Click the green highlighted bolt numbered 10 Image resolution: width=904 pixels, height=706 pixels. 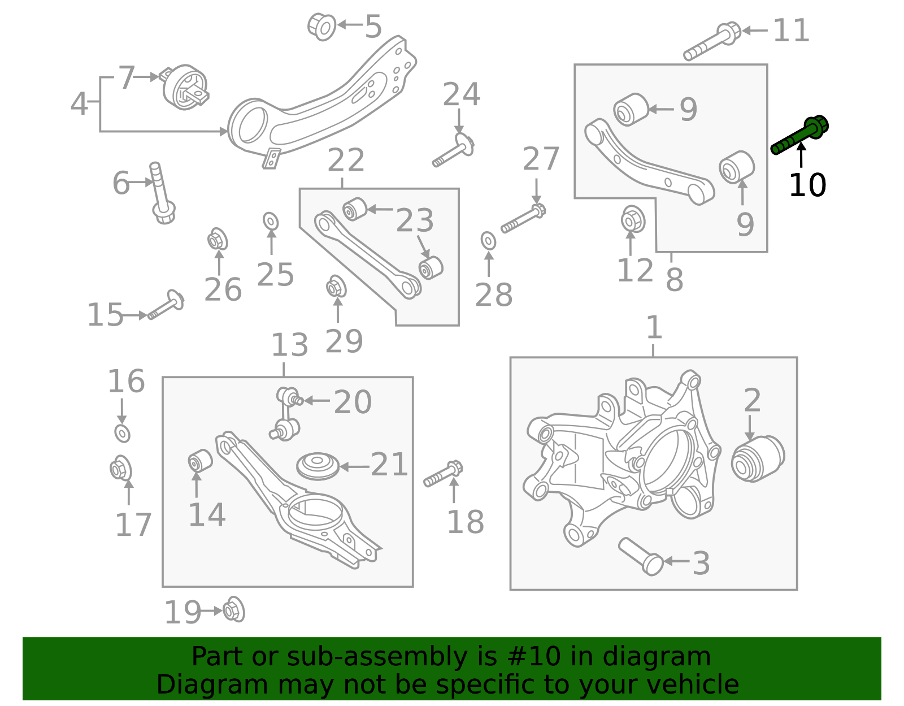799,135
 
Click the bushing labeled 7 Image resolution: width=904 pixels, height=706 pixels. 185,88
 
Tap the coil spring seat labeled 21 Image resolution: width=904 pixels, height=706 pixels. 318,466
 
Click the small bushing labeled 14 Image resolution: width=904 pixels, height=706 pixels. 199,460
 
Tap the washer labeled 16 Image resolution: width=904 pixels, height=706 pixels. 122,434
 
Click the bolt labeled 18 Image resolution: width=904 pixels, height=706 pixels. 444,474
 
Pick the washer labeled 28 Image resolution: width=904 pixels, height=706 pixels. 489,240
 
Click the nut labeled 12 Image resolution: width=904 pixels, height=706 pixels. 633,220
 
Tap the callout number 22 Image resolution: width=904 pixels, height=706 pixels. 346,161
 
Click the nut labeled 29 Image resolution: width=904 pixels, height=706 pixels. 336,287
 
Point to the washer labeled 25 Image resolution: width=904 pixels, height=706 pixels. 271,221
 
